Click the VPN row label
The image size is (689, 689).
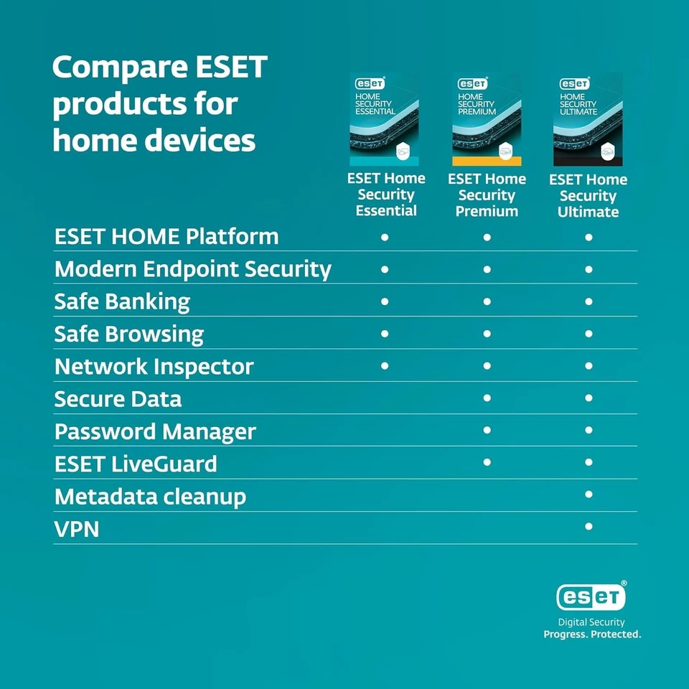pyautogui.click(x=77, y=530)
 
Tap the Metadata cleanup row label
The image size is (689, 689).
pyautogui.click(x=150, y=497)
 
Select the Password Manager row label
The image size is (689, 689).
pyautogui.click(x=155, y=431)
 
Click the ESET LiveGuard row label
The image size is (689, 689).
pyautogui.click(x=136, y=464)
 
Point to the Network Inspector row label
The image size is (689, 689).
pyautogui.click(x=154, y=367)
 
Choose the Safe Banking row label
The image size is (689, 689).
pyautogui.click(x=122, y=301)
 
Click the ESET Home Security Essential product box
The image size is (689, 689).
pyautogui.click(x=385, y=119)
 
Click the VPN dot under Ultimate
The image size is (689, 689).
pyautogui.click(x=589, y=526)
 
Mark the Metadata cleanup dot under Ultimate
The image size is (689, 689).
pyautogui.click(x=589, y=494)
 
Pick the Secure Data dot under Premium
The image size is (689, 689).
pyautogui.click(x=487, y=397)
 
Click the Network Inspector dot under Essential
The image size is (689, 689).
pyautogui.click(x=385, y=365)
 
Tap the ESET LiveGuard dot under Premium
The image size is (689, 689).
pyautogui.click(x=487, y=461)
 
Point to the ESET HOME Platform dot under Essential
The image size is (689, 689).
pyautogui.click(x=385, y=235)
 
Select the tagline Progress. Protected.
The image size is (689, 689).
pyautogui.click(x=592, y=634)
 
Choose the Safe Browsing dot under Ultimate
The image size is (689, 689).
pyautogui.click(x=589, y=333)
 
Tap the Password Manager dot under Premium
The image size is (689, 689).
pyautogui.click(x=487, y=430)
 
